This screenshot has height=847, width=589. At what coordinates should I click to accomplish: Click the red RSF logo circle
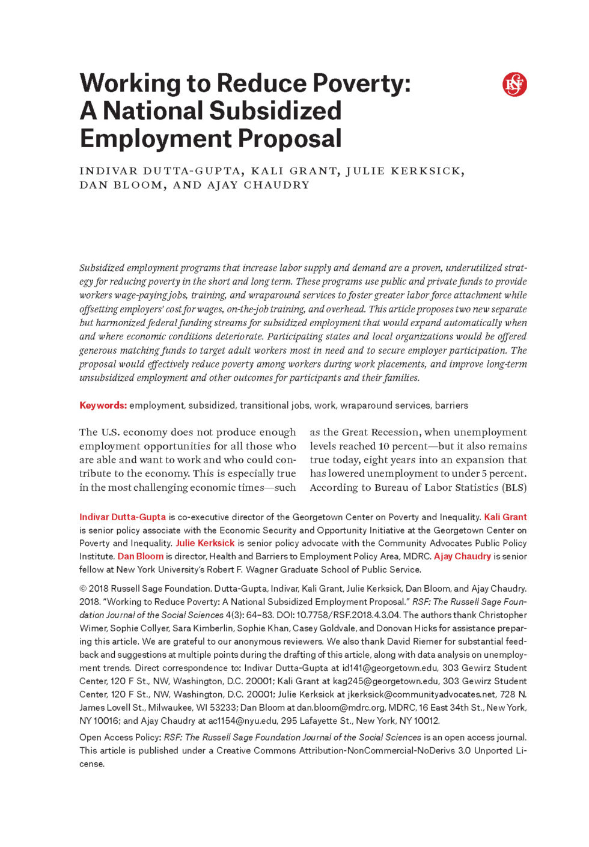(x=514, y=85)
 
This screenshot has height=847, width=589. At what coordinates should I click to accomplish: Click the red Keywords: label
(x=103, y=405)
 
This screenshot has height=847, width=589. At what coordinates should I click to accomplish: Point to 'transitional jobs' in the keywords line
(x=275, y=405)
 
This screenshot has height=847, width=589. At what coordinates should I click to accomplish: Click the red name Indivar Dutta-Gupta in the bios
(x=123, y=517)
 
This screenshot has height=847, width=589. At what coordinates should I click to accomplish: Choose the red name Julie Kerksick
(x=205, y=543)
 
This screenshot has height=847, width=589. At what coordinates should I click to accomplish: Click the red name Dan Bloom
(x=141, y=556)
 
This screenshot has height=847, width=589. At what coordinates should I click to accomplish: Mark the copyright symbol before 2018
(x=83, y=589)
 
